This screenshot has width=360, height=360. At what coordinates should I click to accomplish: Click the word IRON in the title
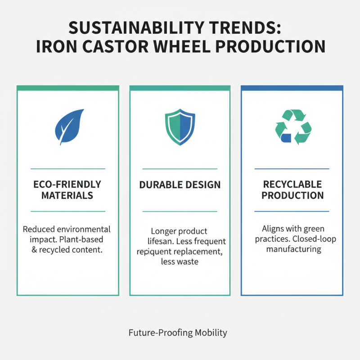coord(55,47)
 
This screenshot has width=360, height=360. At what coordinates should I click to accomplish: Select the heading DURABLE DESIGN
coord(180,184)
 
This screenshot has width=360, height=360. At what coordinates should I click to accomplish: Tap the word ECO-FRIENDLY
coord(67,184)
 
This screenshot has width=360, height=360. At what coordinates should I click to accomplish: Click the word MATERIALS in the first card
coord(67,195)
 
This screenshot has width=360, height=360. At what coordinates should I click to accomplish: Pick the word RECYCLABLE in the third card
coord(292,184)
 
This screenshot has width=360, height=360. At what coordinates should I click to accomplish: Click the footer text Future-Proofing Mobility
coord(178,333)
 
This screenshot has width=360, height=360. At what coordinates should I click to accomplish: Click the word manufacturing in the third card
coord(293,249)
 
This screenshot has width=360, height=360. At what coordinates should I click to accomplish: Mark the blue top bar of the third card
coord(292,88)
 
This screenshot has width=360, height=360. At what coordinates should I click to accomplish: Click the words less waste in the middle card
coord(180,261)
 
